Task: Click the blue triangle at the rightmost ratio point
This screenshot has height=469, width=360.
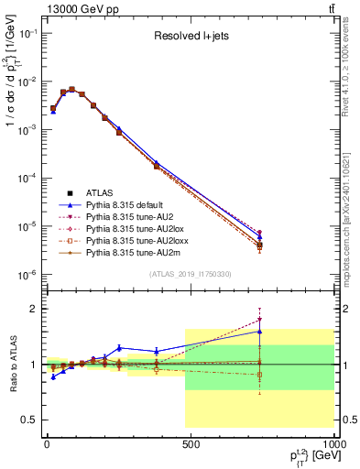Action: tap(260, 332)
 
